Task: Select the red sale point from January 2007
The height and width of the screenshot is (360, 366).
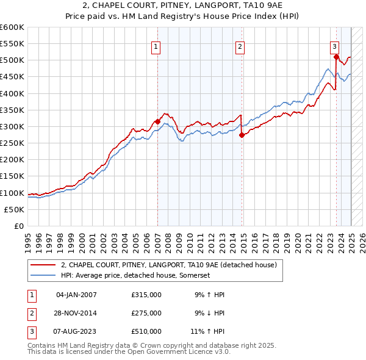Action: (157, 121)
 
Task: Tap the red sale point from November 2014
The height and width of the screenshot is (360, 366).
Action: (242, 135)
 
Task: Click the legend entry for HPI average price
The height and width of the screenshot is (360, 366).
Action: (135, 275)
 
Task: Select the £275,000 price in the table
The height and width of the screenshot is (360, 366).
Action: (146, 313)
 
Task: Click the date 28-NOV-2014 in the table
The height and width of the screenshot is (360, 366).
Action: (76, 313)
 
